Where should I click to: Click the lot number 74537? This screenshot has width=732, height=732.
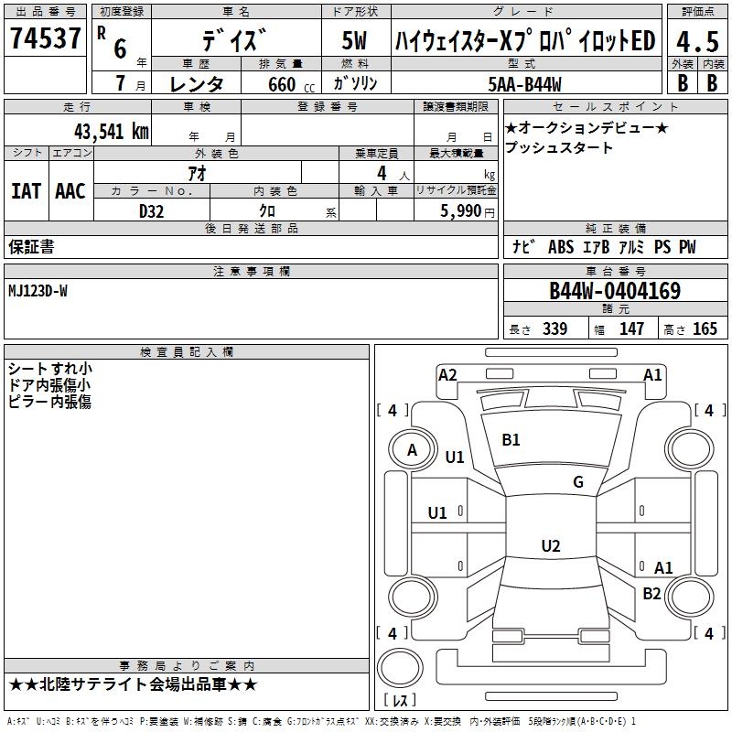45,38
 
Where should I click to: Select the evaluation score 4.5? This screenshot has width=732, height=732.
697,41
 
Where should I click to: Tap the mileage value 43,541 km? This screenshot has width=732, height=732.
111,132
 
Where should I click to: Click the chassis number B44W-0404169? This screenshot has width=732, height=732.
615,291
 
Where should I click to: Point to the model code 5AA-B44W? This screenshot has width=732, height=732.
524,84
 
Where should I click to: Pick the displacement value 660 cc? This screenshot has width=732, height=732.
291,85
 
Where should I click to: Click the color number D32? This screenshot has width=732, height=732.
151,211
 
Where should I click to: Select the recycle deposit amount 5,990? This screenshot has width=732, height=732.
460,211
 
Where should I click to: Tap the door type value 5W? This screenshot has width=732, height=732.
354,40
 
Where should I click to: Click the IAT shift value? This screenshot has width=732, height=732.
26,191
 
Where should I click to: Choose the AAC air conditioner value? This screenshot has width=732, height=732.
70,191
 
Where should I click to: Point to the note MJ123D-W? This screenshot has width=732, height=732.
38,291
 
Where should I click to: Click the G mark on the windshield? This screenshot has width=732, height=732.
578,482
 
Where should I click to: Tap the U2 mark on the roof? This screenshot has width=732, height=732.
551,545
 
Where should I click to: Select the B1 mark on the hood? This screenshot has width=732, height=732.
511,440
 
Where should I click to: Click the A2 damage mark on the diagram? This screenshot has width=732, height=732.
447,375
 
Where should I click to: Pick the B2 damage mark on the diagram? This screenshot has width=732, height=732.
651,594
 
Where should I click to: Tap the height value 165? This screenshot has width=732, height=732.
705,329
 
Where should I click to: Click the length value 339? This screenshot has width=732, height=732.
555,329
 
